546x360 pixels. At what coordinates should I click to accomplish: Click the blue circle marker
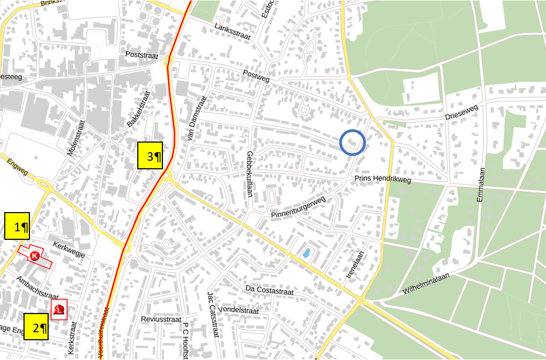point(353,143)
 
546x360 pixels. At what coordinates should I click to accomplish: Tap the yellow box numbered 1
point(17,226)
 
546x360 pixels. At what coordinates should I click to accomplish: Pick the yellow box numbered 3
point(150,155)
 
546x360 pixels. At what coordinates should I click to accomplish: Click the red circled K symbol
point(35,256)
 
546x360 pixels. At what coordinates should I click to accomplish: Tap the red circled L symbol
point(59,309)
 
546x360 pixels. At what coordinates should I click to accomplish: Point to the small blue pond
point(306,253)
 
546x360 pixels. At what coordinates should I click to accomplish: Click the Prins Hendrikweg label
point(383,179)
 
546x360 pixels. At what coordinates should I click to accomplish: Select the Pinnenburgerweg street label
point(298,207)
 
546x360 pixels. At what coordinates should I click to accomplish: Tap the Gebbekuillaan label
point(249,174)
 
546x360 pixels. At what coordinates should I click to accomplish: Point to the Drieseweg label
point(462,113)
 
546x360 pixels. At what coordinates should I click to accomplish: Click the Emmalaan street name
point(481,184)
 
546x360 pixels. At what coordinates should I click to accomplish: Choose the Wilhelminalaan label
point(426,284)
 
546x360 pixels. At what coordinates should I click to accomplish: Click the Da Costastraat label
point(270,292)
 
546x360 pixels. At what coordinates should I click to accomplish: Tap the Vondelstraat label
point(239,310)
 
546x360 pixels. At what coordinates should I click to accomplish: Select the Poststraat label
point(143,54)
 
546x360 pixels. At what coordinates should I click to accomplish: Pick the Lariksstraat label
point(232,33)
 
